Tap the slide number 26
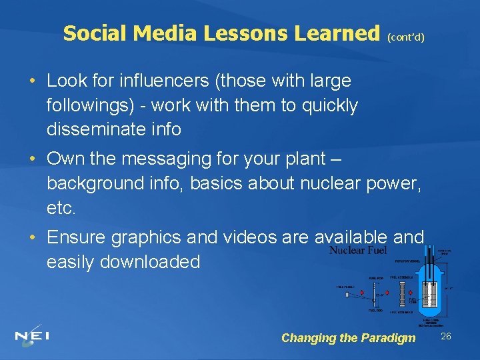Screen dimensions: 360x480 (446, 336)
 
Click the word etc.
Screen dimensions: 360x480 (61, 208)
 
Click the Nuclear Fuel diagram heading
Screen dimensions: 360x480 (357, 251)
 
